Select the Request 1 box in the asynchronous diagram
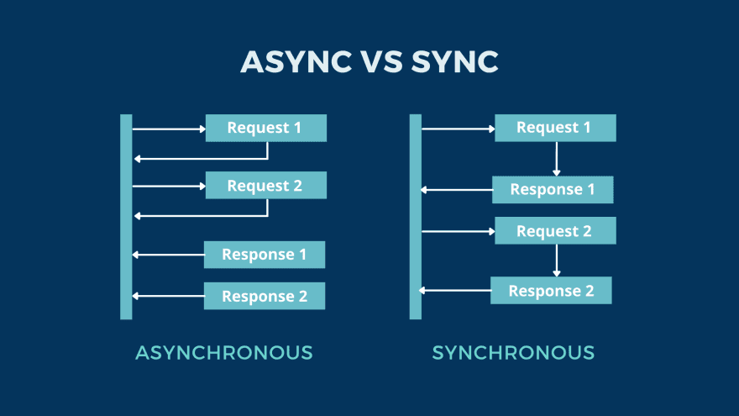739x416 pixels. (x=265, y=129)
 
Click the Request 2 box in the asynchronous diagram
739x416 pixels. (x=265, y=186)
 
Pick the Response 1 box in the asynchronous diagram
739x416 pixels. (x=264, y=255)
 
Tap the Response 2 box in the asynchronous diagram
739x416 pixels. (x=264, y=296)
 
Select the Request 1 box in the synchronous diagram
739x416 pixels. (x=555, y=128)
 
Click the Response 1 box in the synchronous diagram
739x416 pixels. (x=553, y=190)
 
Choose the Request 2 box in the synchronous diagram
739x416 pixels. (x=555, y=231)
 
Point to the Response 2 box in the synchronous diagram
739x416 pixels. (x=551, y=291)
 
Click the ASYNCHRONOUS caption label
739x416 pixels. (x=223, y=353)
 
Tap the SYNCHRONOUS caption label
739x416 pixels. (x=513, y=353)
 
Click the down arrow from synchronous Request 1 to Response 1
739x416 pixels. (x=556, y=158)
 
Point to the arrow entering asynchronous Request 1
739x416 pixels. (x=169, y=129)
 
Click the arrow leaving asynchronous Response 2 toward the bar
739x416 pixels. (x=168, y=296)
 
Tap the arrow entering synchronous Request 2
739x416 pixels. (x=458, y=231)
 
